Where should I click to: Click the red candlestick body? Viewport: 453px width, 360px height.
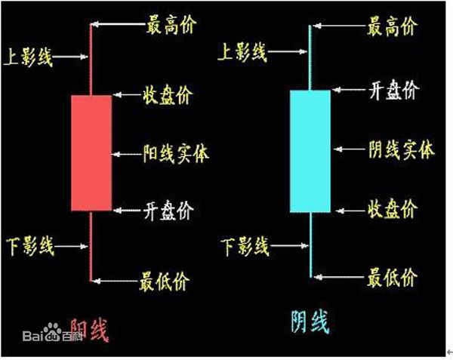91,152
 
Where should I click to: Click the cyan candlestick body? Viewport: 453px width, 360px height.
310,151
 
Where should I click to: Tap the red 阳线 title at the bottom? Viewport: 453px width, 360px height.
89,329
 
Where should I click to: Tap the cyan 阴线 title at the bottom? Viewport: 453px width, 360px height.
310,322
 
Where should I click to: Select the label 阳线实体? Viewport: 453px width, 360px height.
176,153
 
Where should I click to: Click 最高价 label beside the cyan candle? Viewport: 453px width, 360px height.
391,29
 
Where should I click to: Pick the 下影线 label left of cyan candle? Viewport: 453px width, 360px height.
245,245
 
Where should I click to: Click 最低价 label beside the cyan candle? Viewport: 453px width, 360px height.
391,277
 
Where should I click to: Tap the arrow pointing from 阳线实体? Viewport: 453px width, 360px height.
126,153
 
